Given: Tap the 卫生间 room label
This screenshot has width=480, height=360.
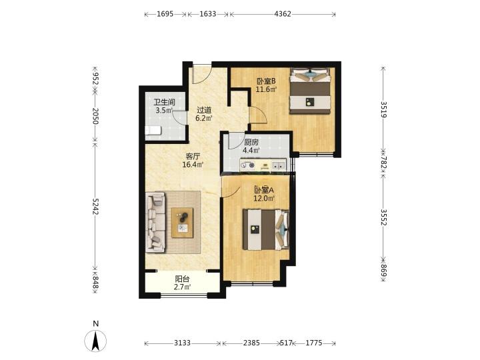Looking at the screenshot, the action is (x=165, y=102).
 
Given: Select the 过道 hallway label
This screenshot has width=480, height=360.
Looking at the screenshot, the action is (x=204, y=109).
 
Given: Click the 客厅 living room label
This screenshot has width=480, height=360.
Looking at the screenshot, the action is (x=193, y=157).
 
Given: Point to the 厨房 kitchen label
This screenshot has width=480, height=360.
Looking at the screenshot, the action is (x=251, y=143).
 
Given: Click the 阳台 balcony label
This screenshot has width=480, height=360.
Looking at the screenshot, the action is (x=182, y=279).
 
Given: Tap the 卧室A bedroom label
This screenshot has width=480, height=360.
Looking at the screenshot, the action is (x=264, y=190).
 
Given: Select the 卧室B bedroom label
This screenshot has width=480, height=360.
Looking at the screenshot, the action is (x=266, y=81).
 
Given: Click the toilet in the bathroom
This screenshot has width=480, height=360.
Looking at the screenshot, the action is (x=153, y=131).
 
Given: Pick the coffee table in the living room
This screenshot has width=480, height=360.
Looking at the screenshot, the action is (x=183, y=223).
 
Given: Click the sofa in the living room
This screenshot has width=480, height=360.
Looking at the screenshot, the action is (x=156, y=222).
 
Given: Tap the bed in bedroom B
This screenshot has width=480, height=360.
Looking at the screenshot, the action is (x=311, y=91).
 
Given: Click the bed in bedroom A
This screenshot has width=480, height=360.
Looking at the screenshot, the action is (x=266, y=229).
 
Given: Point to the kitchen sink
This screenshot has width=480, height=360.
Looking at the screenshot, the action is (x=278, y=165).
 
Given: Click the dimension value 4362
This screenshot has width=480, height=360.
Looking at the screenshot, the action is (x=283, y=14).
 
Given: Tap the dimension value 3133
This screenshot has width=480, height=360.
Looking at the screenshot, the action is (x=183, y=343).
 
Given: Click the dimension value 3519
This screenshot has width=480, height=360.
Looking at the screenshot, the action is (x=383, y=109).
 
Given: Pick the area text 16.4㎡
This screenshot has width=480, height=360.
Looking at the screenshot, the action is (x=193, y=165).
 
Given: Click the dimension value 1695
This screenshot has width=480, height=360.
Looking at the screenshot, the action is (x=165, y=14).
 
